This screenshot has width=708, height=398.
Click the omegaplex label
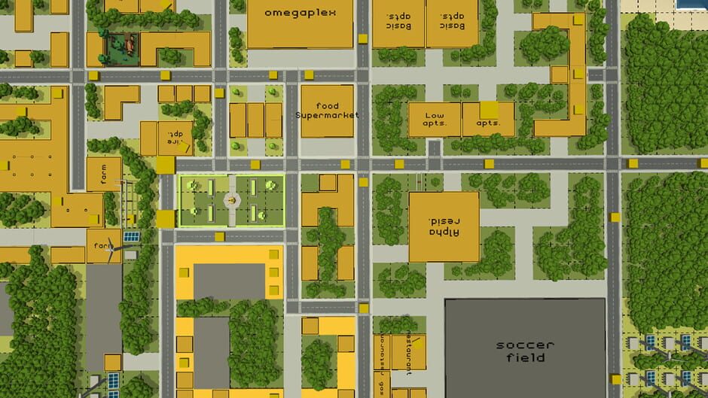point(300,13)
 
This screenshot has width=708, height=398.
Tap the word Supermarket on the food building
point(327,115)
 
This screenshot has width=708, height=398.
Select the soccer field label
point(525,351)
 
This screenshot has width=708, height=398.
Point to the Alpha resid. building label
point(444,226)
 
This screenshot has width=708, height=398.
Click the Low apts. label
point(435,120)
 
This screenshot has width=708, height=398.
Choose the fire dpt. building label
point(175,138)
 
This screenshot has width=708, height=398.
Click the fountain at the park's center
point(231,200)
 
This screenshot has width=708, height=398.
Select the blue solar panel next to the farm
point(131,237)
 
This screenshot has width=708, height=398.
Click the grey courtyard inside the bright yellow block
point(229,281)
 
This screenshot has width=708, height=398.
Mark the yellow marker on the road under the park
point(221,237)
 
